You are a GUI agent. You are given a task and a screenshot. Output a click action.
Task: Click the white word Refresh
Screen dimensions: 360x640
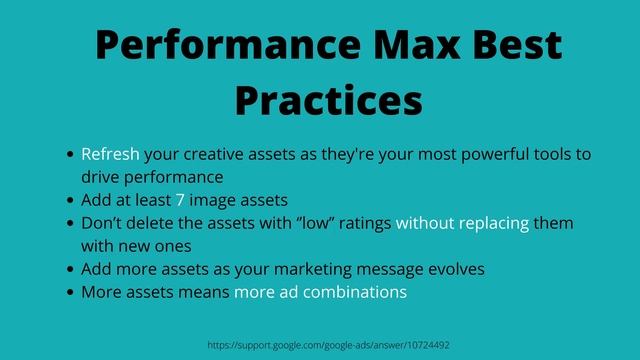pos(110,154)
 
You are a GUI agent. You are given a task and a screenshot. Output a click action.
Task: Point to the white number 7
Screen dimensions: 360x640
pos(181,200)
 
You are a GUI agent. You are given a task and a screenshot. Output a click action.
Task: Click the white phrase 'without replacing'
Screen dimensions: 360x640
pos(462,223)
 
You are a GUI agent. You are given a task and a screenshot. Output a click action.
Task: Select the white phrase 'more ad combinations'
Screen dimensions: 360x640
pos(320,292)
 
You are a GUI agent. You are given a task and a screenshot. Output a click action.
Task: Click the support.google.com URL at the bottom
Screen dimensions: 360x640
pos(329,344)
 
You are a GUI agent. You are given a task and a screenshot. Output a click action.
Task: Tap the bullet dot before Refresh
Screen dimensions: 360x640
pos(69,155)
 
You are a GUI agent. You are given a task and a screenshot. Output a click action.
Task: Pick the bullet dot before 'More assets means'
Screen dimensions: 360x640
pos(69,293)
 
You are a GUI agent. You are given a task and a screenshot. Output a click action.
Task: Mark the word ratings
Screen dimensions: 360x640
pos(363,223)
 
